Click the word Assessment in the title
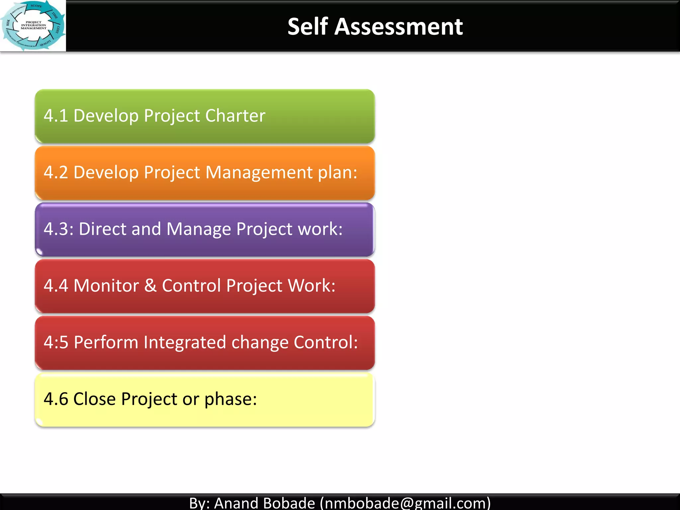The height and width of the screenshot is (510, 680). pos(398,27)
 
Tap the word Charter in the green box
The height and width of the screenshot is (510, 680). pos(235,116)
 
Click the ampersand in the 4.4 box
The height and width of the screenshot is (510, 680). pos(150,286)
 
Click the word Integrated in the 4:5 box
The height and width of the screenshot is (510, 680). pos(185,342)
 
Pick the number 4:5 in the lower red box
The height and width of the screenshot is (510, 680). pos(56,342)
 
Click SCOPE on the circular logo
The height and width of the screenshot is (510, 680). pos(36,6)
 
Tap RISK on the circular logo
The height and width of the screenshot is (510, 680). pos(8,23)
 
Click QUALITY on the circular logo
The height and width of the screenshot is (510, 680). pos(45,43)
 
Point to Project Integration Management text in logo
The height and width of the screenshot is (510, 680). pos(34,25)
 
